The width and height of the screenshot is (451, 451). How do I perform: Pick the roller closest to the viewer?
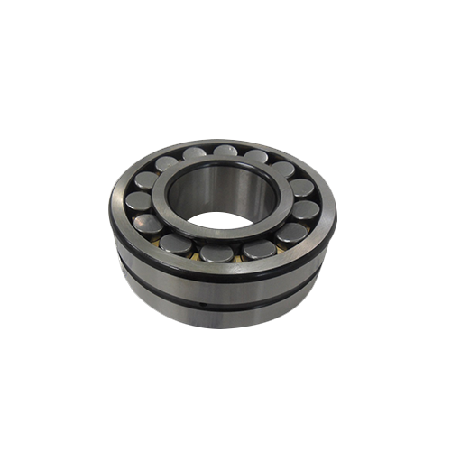pos(217,253)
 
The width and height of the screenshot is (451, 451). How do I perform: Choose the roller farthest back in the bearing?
pos(225,152)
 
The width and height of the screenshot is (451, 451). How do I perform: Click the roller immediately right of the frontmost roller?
pos(259,249)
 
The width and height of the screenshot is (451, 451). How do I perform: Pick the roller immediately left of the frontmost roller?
pos(179,244)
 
